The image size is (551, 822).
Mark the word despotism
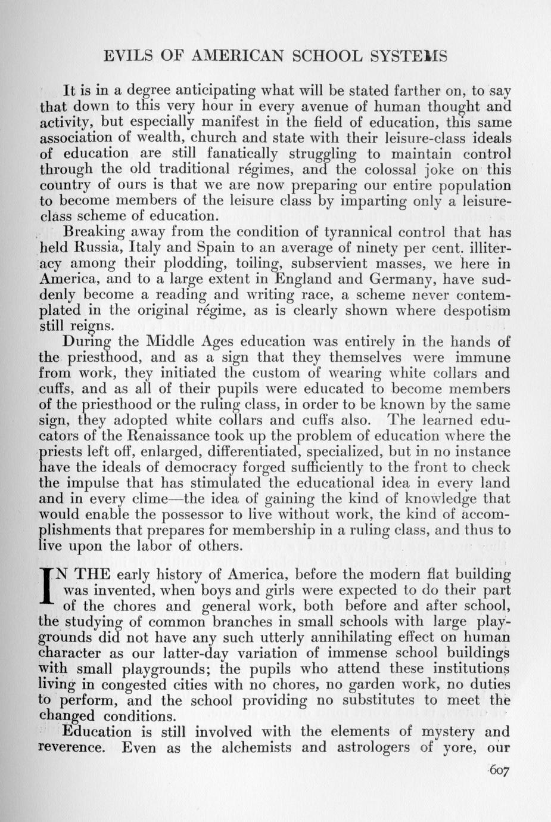click(x=474, y=311)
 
